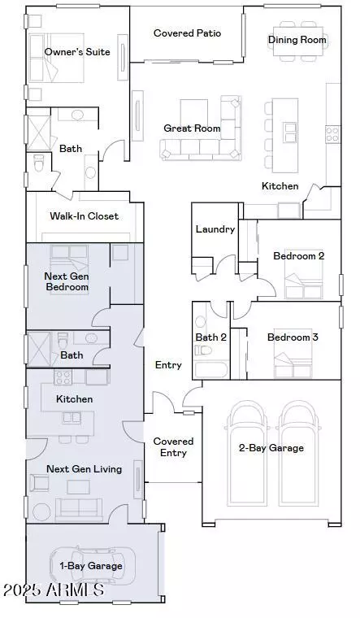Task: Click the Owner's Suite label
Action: click(x=77, y=51)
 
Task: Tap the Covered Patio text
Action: click(x=188, y=33)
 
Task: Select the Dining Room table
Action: click(x=297, y=41)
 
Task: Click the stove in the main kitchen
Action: click(x=332, y=134)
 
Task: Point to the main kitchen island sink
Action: click(x=290, y=133)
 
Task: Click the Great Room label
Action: click(x=192, y=128)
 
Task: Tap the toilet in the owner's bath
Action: click(x=38, y=163)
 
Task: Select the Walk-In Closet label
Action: click(x=84, y=216)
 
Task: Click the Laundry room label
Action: click(x=215, y=229)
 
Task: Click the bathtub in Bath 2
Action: click(x=211, y=370)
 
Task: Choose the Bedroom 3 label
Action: click(x=293, y=337)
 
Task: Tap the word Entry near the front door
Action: click(x=168, y=365)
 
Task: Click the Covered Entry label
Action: click(x=173, y=447)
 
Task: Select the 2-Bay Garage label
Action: click(x=271, y=448)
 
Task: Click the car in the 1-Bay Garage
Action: click(x=93, y=566)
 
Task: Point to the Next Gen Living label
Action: click(x=84, y=469)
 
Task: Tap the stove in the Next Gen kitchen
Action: click(x=63, y=377)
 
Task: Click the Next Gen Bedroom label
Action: click(x=67, y=281)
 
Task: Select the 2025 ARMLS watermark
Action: click(x=54, y=590)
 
